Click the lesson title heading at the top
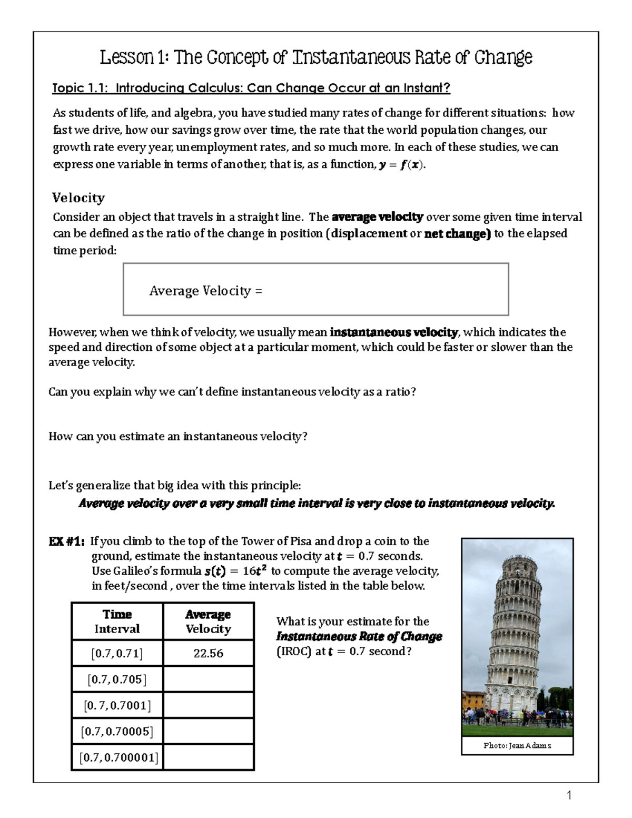coord(316,57)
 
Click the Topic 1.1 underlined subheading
coord(251,88)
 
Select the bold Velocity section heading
coord(78,198)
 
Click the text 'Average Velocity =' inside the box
coord(205,291)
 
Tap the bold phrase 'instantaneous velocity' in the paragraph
coord(394,332)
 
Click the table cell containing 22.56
coord(209,654)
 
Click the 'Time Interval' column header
coord(117,622)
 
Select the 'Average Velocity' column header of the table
coord(209,622)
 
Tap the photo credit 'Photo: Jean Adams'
coord(517,746)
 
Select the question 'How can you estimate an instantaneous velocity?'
coord(177,437)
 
